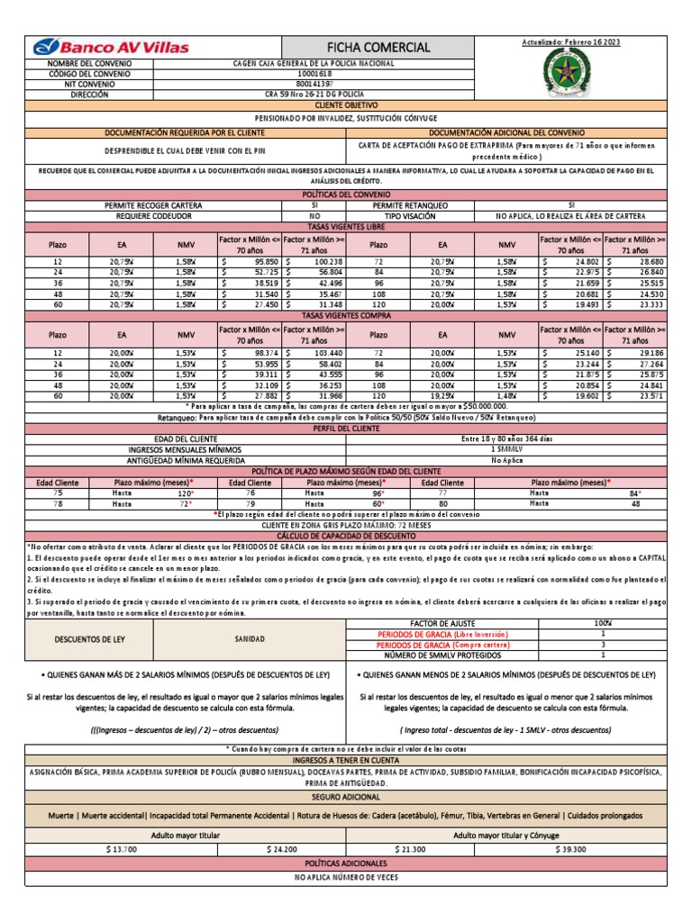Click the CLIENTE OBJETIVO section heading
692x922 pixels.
pyautogui.click(x=346, y=104)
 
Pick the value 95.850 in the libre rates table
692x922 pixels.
pyautogui.click(x=260, y=261)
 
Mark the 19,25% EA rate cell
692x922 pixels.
pyautogui.click(x=443, y=395)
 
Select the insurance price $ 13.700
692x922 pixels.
pyautogui.click(x=121, y=849)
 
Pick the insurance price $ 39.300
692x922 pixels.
pyautogui.click(x=571, y=849)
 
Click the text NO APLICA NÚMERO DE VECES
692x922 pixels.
pyautogui.click(x=346, y=877)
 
